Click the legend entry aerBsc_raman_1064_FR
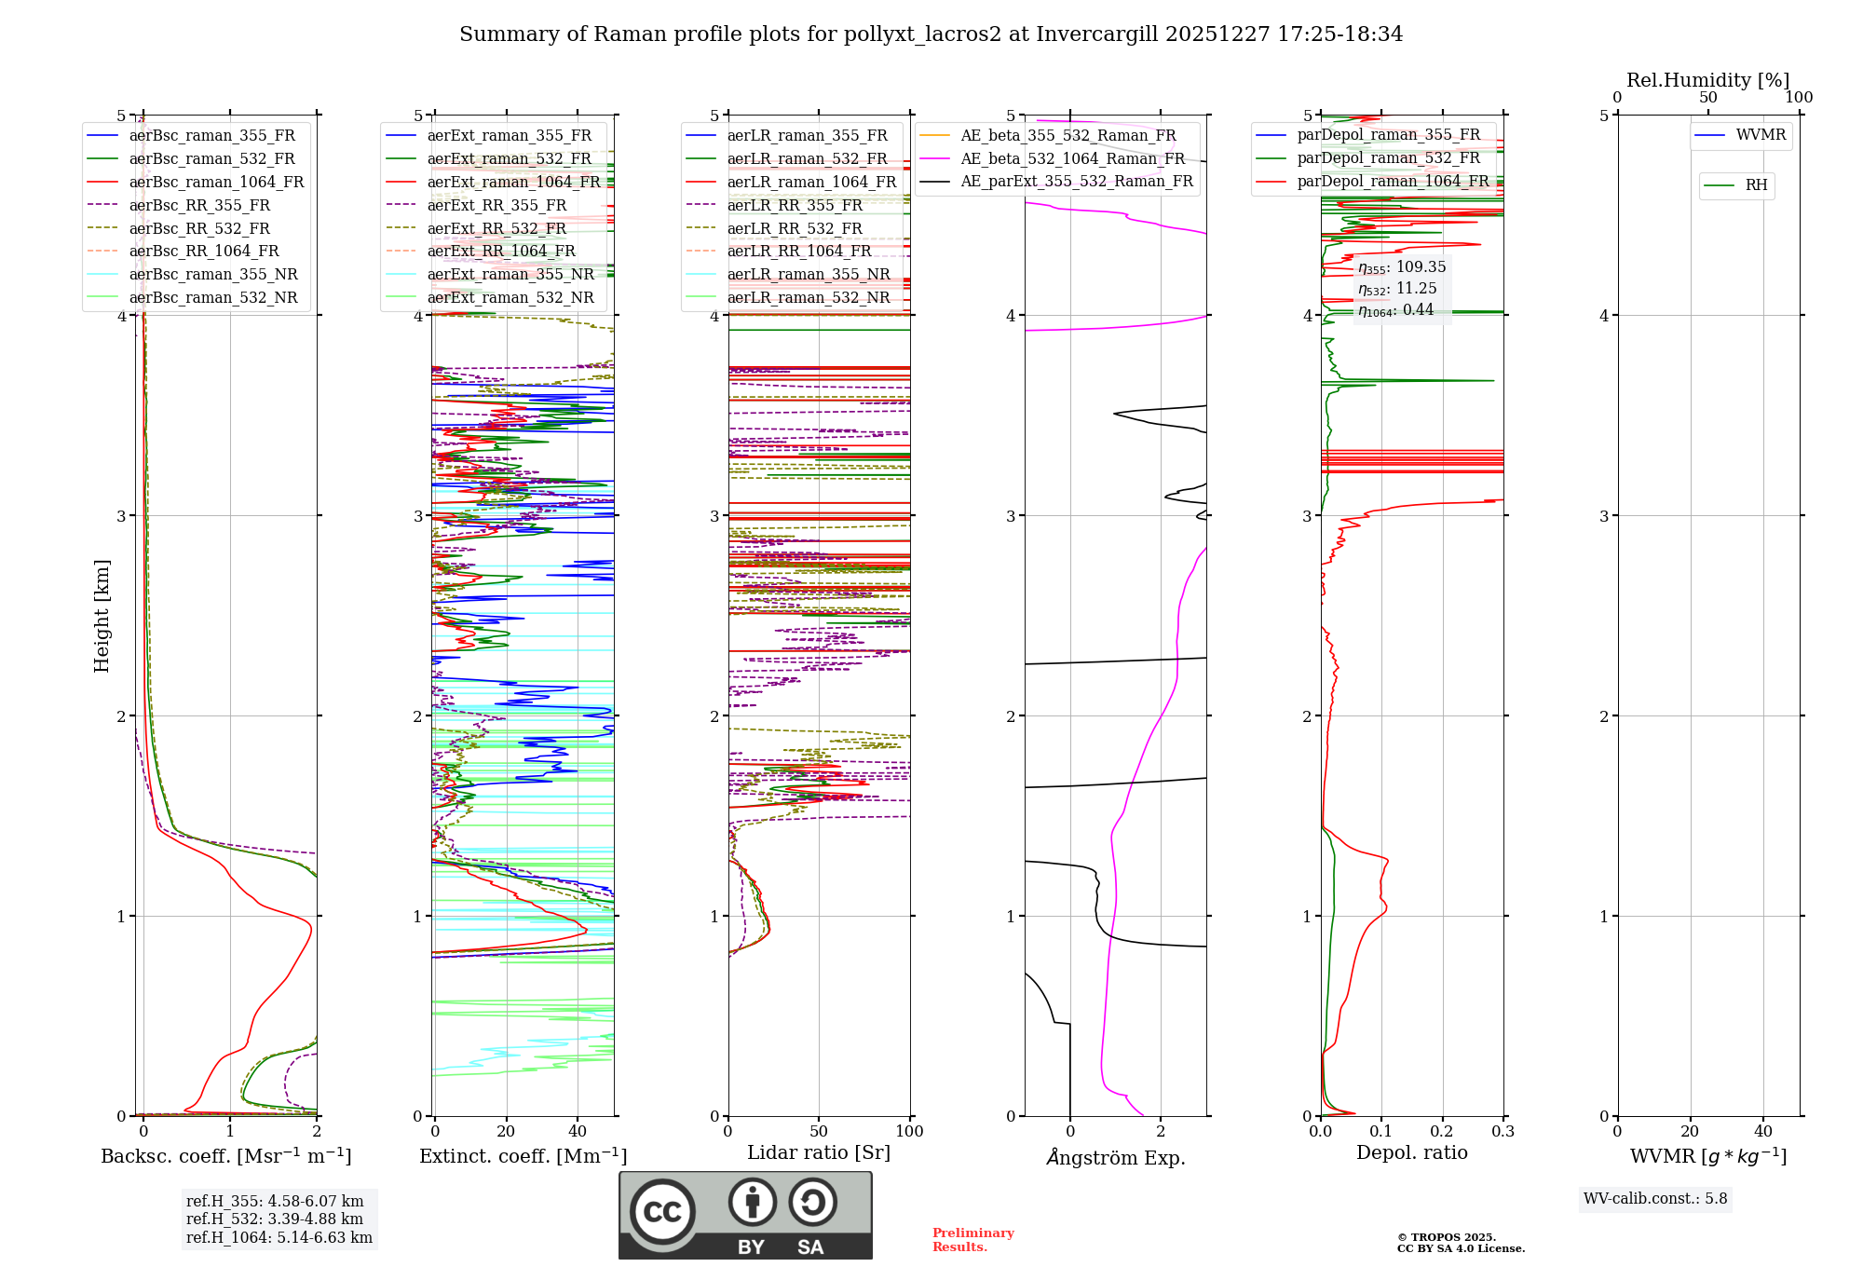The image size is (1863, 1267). [x=216, y=182]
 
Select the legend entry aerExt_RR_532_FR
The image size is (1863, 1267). [x=496, y=228]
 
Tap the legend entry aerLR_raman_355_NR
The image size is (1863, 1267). [x=808, y=274]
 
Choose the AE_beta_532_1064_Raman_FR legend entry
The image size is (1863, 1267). [x=1072, y=158]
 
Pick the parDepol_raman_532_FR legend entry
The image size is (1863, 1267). [x=1388, y=157]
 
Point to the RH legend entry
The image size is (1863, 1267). [x=1756, y=185]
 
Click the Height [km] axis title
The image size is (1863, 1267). [x=102, y=616]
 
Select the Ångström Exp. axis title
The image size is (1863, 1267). [x=1115, y=1157]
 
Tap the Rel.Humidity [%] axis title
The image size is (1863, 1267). [x=1707, y=80]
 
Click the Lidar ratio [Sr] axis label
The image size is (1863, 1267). [x=818, y=1152]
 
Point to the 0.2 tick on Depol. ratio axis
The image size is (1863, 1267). [x=1442, y=1131]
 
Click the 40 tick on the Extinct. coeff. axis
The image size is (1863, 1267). [x=578, y=1131]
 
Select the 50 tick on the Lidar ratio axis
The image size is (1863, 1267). [x=819, y=1131]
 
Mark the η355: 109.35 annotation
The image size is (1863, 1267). [x=1402, y=267]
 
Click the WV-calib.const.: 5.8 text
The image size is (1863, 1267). [x=1655, y=1198]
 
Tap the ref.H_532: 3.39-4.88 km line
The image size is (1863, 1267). [x=275, y=1219]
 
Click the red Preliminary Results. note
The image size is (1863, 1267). [x=972, y=1239]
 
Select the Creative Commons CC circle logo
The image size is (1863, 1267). [x=662, y=1211]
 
